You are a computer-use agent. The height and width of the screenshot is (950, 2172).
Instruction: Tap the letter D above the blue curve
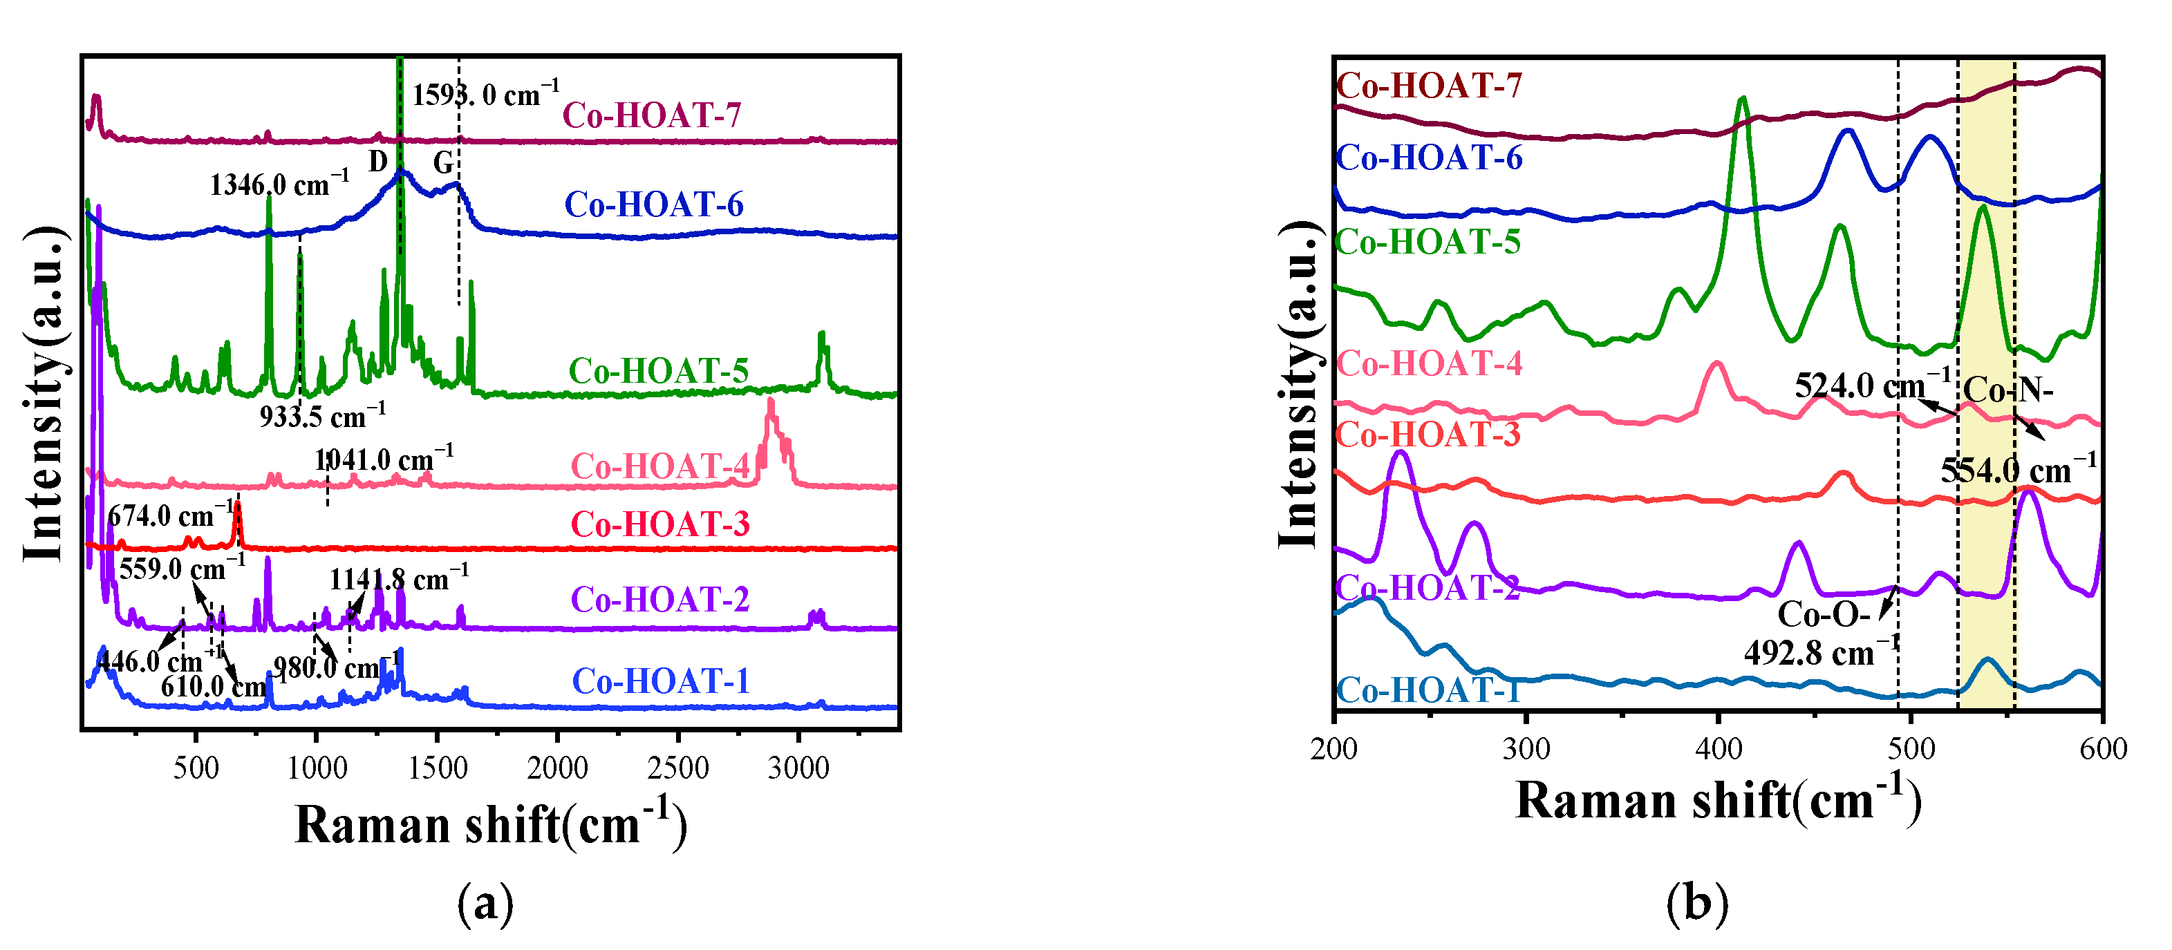(x=377, y=160)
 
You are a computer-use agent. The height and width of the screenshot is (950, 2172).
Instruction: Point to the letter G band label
(x=442, y=162)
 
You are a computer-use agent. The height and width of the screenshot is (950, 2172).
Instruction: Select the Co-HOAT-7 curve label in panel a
(x=651, y=115)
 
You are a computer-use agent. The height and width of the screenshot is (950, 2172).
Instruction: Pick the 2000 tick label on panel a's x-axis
(x=556, y=768)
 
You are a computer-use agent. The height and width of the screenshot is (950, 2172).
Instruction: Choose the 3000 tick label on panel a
(x=798, y=768)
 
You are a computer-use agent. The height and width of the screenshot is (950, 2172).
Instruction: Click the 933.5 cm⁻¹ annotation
(x=322, y=415)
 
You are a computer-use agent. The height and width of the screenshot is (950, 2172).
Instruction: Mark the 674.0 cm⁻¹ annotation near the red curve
(x=171, y=515)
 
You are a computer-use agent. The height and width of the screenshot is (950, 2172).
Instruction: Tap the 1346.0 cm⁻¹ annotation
(x=279, y=184)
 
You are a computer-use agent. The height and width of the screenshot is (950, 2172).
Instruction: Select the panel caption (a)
(x=485, y=904)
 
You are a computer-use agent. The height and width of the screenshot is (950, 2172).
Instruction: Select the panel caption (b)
(x=1696, y=903)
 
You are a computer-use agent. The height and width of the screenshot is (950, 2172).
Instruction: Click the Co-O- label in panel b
(x=1823, y=614)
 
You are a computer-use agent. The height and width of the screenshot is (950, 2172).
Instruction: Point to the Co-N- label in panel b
(x=2007, y=390)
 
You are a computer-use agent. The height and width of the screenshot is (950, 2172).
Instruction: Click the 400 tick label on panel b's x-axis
(x=1719, y=748)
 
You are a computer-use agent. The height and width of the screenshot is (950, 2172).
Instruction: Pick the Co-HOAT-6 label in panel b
(x=1429, y=158)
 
